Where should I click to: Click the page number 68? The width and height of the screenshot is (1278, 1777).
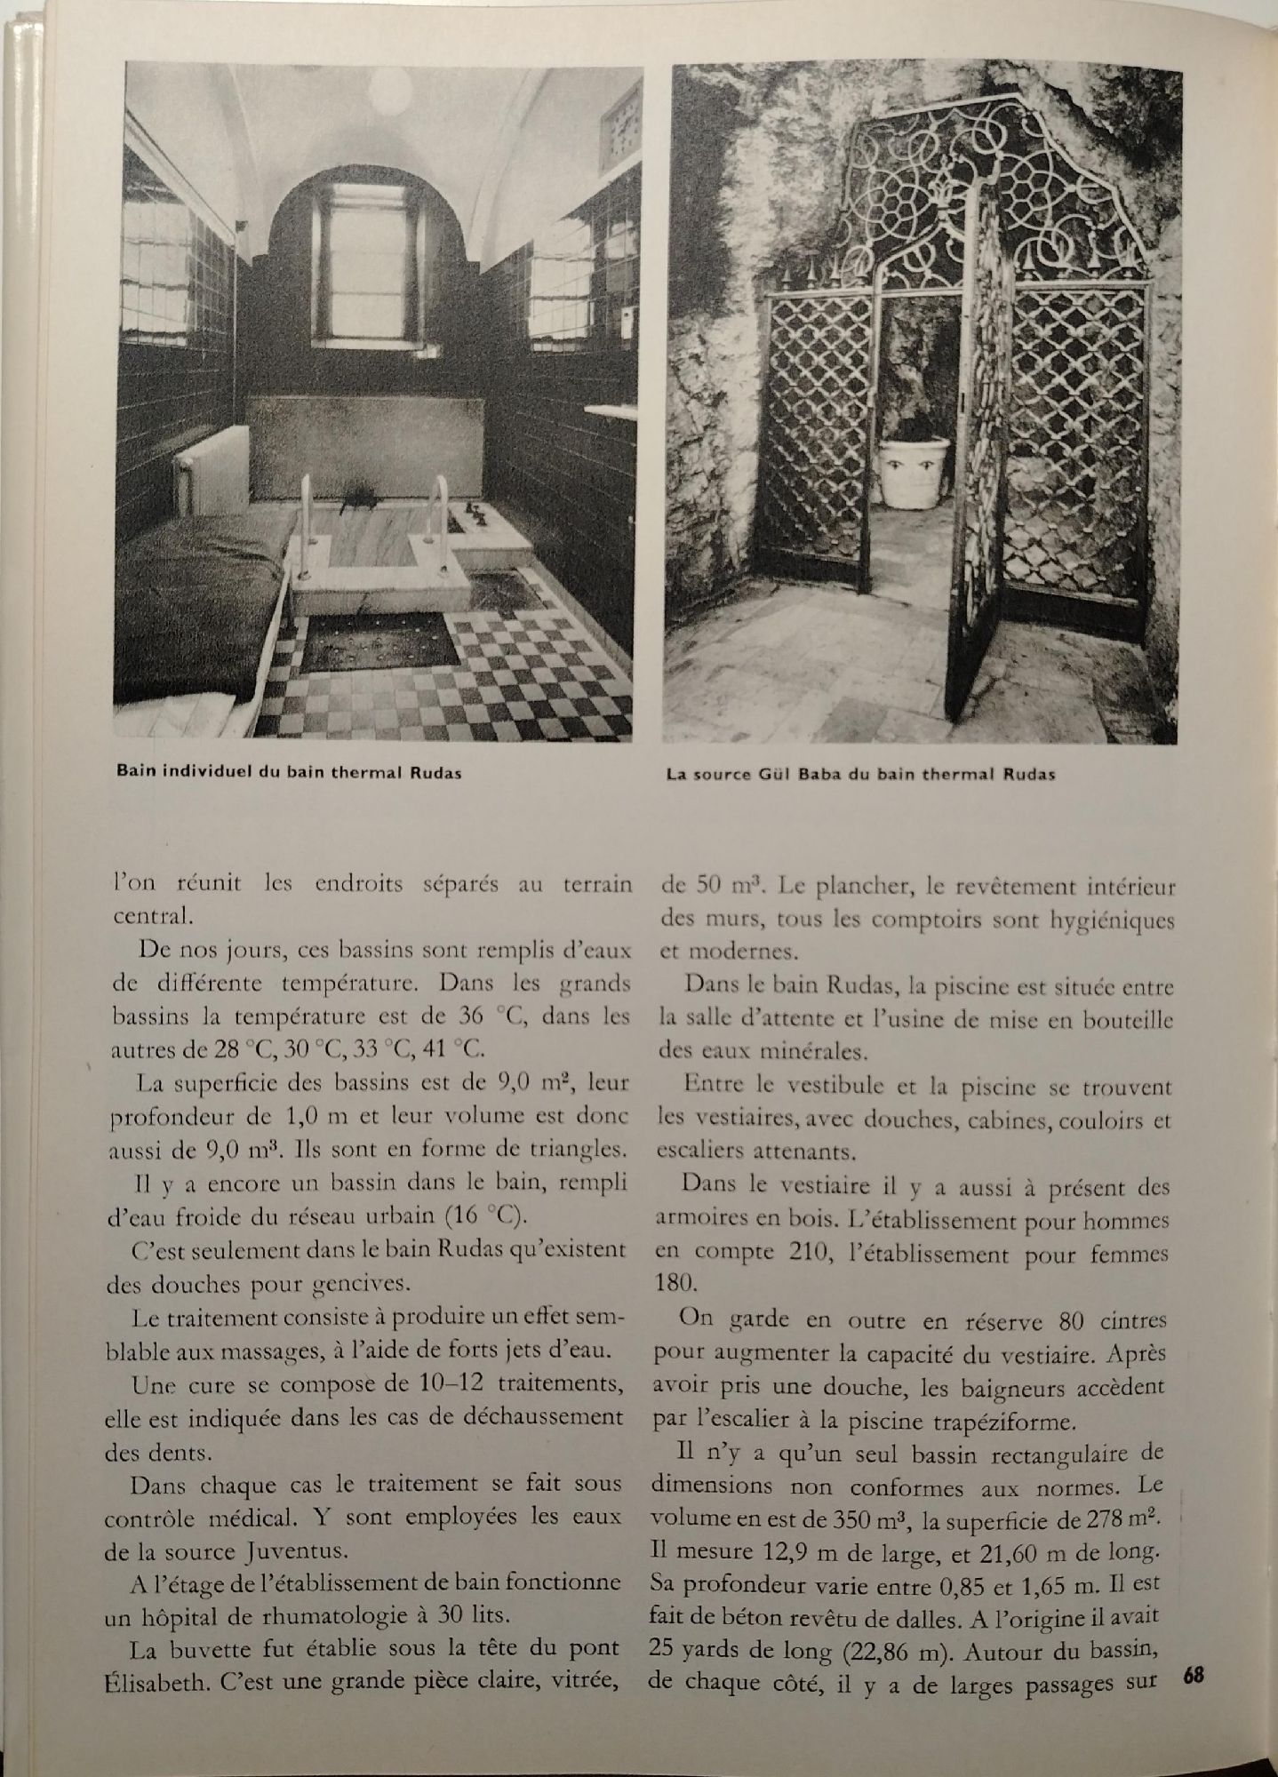[x=1194, y=1675]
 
